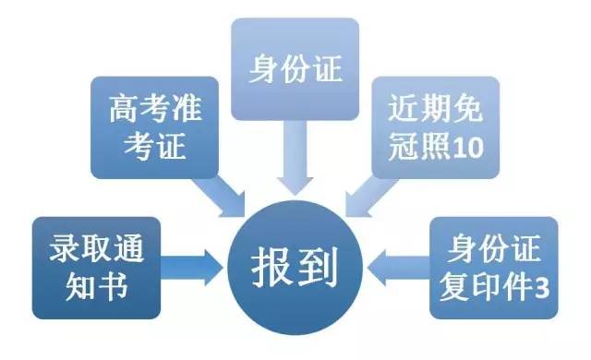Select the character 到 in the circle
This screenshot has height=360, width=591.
318,268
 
